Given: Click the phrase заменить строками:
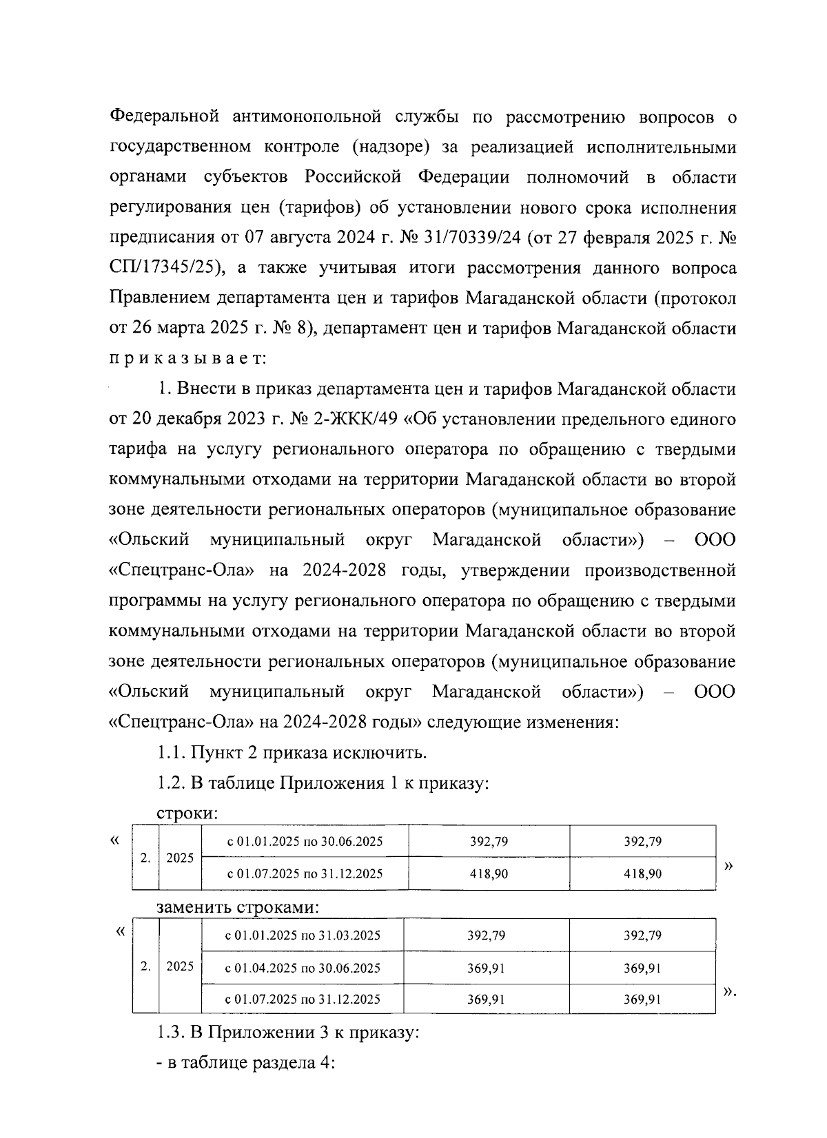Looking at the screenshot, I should [x=238, y=907].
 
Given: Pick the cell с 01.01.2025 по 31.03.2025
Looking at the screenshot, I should [x=303, y=935].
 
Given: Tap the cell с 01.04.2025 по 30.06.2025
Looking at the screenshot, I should [x=303, y=968].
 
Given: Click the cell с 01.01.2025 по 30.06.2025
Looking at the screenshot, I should [x=305, y=842].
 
